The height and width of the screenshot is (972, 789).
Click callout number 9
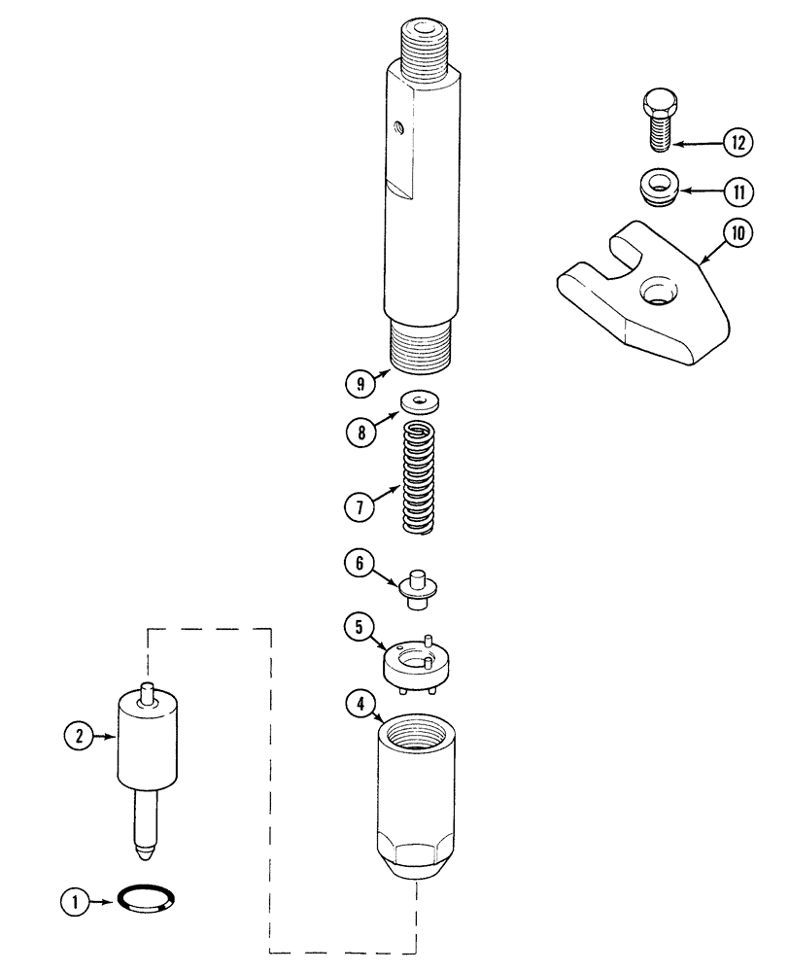click(x=360, y=384)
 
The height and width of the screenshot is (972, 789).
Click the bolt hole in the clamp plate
click(x=656, y=291)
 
